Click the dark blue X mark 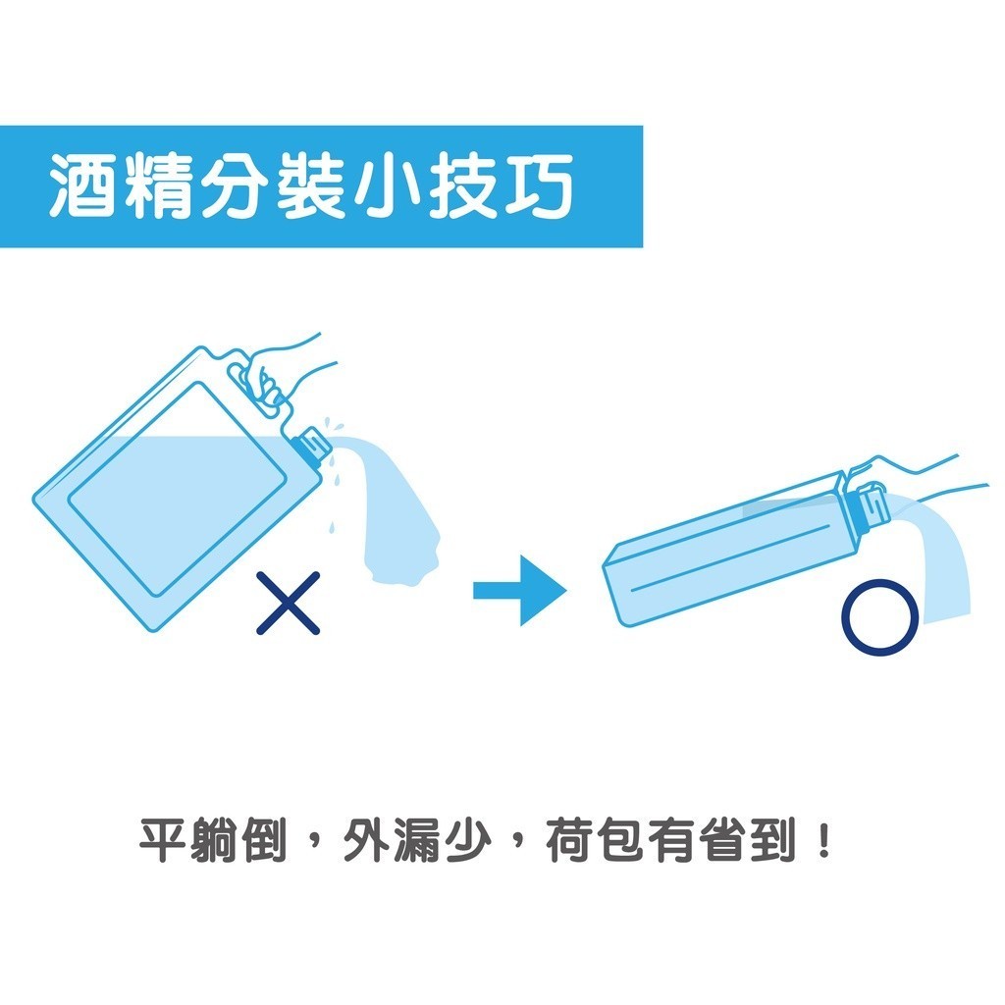(288, 604)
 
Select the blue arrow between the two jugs (520, 590)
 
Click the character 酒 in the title (82, 185)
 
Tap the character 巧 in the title (539, 185)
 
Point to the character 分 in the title (234, 185)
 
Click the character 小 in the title (387, 185)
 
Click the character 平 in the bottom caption (163, 840)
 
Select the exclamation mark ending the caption (824, 840)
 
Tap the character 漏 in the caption (416, 840)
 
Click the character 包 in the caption (621, 840)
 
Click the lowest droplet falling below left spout (331, 527)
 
